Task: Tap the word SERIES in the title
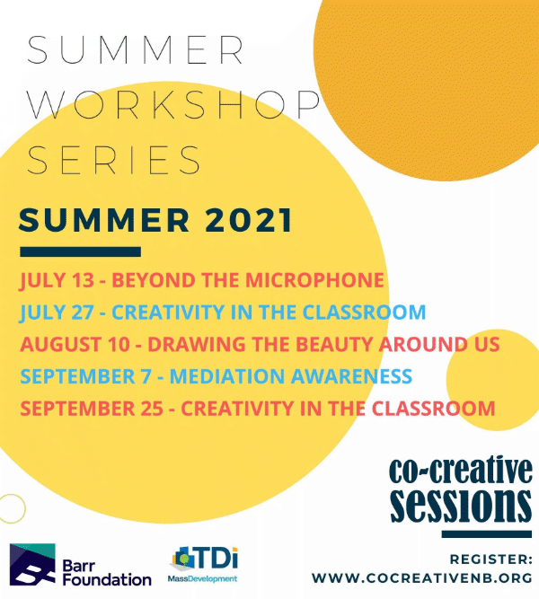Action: tap(113, 160)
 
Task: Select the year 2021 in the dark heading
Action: tap(249, 220)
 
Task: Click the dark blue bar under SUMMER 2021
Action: tap(80, 251)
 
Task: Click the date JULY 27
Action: tap(57, 313)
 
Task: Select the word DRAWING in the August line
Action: tap(197, 344)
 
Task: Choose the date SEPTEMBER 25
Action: tap(92, 409)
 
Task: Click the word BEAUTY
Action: tap(333, 344)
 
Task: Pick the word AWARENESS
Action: tap(351, 376)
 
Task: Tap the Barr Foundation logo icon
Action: tap(32, 565)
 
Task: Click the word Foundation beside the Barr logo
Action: tap(107, 579)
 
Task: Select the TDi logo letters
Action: tap(216, 558)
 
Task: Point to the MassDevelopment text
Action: tap(203, 579)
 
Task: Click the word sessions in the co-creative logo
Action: tap(461, 505)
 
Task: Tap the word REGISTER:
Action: tap(490, 559)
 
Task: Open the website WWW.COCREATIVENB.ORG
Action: tap(422, 578)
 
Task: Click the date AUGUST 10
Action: tap(75, 344)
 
